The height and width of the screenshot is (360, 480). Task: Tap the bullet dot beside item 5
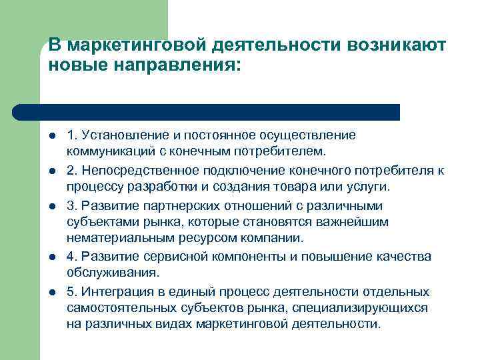[51, 291]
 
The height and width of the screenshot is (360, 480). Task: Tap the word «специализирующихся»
[365, 308]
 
